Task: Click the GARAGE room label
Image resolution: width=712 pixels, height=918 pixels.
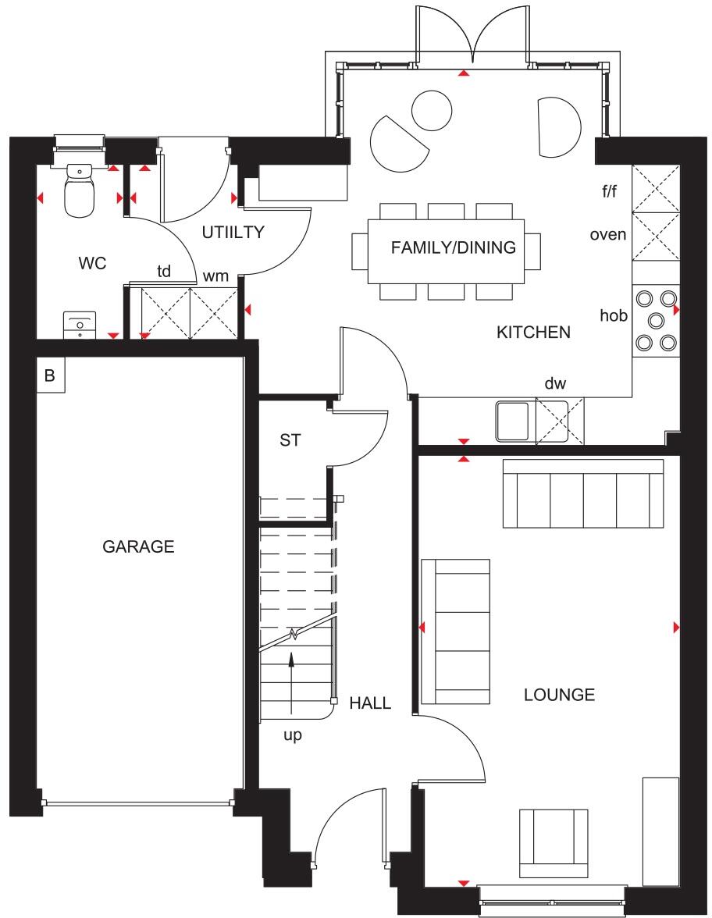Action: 138,547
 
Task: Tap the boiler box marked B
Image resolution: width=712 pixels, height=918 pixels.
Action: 50,375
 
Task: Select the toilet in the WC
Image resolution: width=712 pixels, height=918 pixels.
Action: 78,192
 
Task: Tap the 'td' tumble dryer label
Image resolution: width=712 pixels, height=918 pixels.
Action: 164,272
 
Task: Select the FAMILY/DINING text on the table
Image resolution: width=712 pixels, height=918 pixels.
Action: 453,248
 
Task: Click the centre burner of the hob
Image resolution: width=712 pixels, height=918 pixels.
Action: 656,319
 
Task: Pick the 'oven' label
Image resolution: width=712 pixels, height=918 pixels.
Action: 607,234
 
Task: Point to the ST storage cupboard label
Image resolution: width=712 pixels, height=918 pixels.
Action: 290,440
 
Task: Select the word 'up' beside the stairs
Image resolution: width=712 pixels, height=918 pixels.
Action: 292,735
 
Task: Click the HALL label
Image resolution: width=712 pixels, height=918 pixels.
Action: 370,703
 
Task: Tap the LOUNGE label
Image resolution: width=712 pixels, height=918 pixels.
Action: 559,695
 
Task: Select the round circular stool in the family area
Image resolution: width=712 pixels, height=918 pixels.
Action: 432,111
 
